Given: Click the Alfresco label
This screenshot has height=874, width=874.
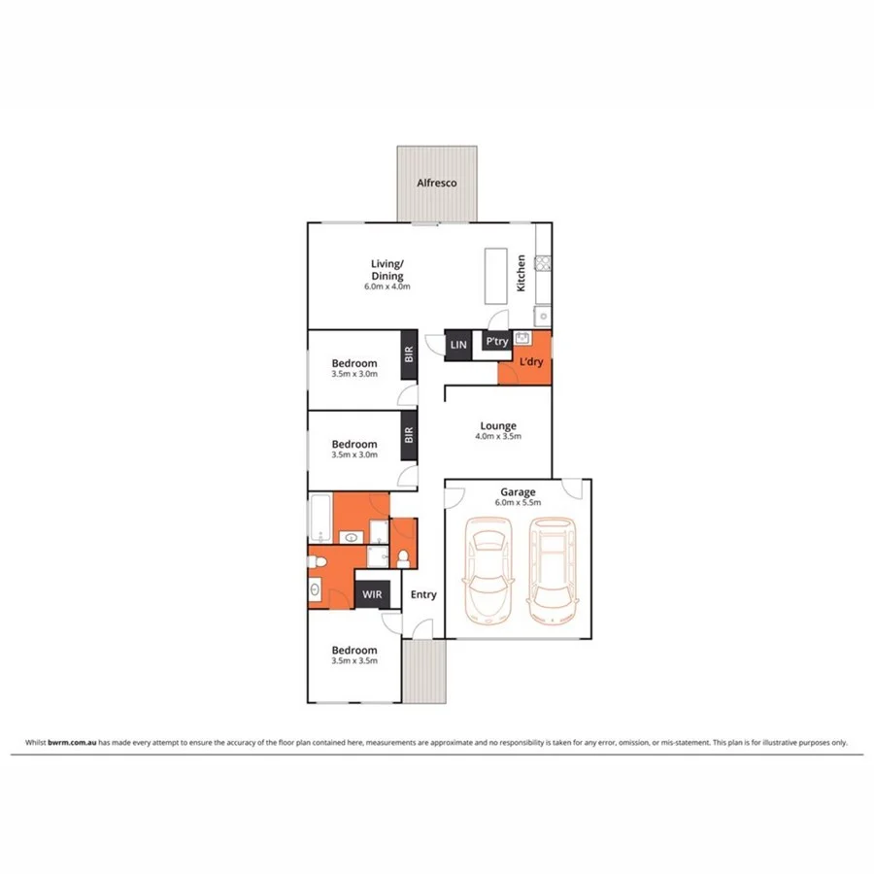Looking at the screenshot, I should [436, 183].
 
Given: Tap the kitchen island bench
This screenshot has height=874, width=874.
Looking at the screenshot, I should [496, 275].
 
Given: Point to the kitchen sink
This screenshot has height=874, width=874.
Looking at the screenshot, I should [544, 315].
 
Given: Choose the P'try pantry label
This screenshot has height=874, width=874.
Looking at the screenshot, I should [496, 342].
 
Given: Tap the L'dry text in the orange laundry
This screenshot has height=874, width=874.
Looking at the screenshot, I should [530, 362].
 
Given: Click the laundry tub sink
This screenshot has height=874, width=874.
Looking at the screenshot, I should [521, 339].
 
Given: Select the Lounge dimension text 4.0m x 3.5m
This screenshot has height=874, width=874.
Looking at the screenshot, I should [498, 436].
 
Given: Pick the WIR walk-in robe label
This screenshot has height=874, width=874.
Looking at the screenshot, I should [370, 594].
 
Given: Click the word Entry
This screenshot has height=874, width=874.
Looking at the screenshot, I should [423, 594].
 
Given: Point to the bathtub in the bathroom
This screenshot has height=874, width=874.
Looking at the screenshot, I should [320, 518].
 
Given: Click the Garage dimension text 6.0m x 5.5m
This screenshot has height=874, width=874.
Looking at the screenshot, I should [516, 503].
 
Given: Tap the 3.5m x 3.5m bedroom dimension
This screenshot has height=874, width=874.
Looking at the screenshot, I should [353, 660].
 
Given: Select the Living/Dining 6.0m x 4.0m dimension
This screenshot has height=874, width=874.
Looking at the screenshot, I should [387, 286].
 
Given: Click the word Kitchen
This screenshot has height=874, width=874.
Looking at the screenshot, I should [521, 274].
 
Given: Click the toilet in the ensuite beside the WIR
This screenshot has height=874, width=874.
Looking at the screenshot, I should [403, 556].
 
